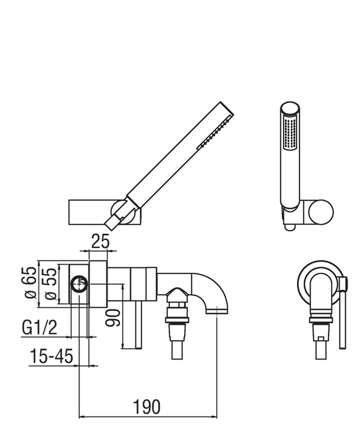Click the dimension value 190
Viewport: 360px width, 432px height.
coord(146,407)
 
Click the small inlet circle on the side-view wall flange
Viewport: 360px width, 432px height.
coord(78,285)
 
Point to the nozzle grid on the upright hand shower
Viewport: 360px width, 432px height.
coord(287,133)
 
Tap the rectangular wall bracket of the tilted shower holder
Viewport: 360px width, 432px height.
coord(89,213)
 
